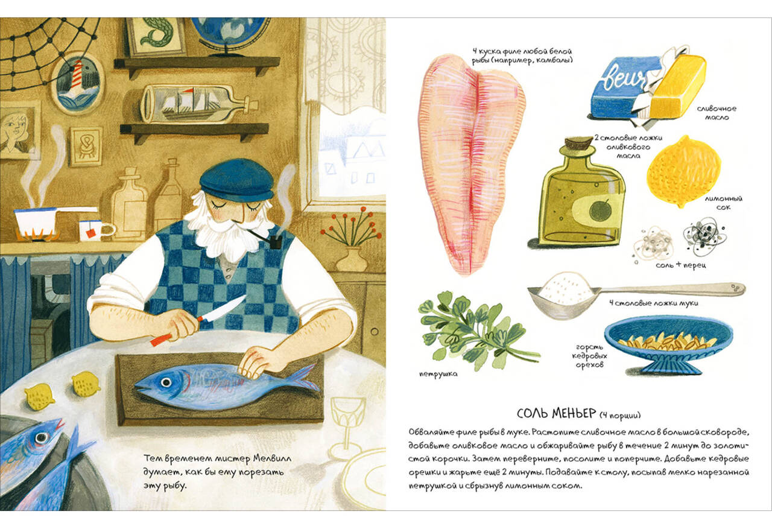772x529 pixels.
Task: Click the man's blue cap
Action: coord(237,180)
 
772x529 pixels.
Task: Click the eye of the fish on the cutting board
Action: coord(166,382)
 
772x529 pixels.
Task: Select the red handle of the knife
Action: coord(161,340)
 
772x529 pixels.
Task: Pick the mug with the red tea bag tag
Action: coord(95,230)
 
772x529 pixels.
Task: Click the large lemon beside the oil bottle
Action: coord(684,171)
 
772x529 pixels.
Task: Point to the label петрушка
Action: coord(438,374)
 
